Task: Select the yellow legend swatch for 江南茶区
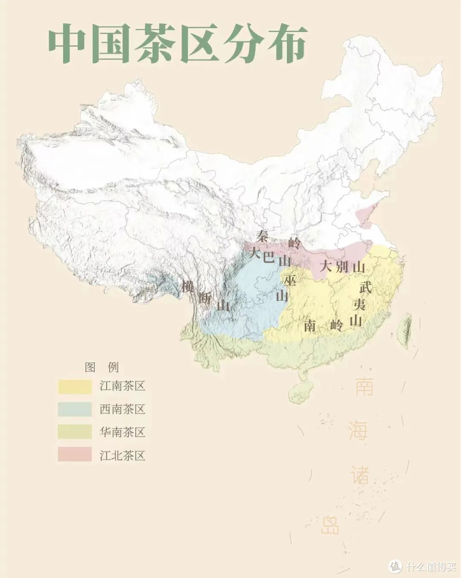tap(75, 387)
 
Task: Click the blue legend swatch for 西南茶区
tap(75, 409)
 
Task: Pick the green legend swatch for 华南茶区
tap(75, 432)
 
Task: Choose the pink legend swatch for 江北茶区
tap(75, 455)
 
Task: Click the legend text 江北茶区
tap(123, 455)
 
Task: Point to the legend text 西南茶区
tap(123, 409)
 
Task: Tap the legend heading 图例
tap(102, 367)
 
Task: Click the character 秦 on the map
tap(262, 236)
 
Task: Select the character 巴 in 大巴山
tap(268, 257)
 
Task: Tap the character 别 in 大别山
tap(341, 267)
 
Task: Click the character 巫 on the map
tap(290, 280)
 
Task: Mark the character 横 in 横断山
tap(187, 286)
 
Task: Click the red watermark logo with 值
tap(395, 566)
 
